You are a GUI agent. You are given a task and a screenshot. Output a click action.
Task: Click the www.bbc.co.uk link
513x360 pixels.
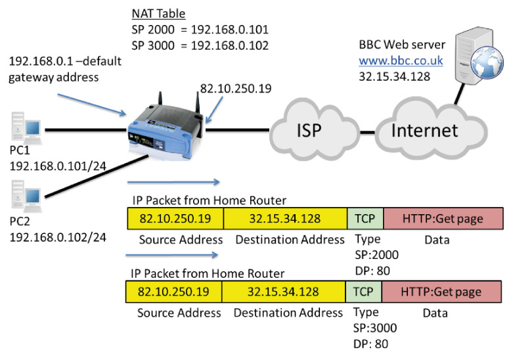click(401, 61)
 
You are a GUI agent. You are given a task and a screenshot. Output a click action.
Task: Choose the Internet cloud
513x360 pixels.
click(424, 129)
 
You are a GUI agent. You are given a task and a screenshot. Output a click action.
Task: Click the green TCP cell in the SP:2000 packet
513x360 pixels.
click(365, 218)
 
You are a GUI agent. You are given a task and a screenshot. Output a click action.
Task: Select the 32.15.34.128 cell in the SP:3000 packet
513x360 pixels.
click(284, 291)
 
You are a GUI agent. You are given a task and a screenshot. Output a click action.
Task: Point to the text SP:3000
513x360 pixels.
click(376, 328)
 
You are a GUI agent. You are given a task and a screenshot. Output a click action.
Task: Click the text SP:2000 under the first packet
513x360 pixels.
click(376, 254)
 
